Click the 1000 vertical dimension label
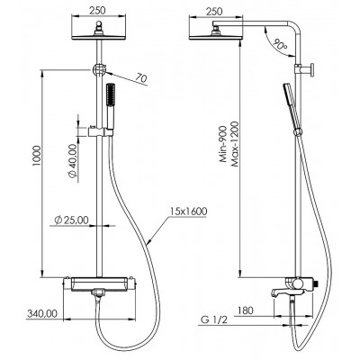pyautogui.click(x=36, y=157)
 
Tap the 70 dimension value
pyautogui.click(x=140, y=78)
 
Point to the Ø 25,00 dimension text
pyautogui.click(x=71, y=220)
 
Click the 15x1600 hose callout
pyautogui.click(x=188, y=211)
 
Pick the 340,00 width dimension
pyautogui.click(x=42, y=314)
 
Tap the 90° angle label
pyautogui.click(x=280, y=45)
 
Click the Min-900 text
pyautogui.click(x=223, y=144)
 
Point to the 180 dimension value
pyautogui.click(x=245, y=310)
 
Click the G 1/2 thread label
pyautogui.click(x=214, y=320)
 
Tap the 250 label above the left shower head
pyautogui.click(x=97, y=11)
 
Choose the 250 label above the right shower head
pyautogui.click(x=214, y=12)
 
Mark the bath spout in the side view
pyautogui.click(x=280, y=292)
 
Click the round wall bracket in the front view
pyautogui.click(x=98, y=69)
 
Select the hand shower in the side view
pyautogui.click(x=292, y=108)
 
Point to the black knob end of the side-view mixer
pyautogui.click(x=315, y=284)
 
